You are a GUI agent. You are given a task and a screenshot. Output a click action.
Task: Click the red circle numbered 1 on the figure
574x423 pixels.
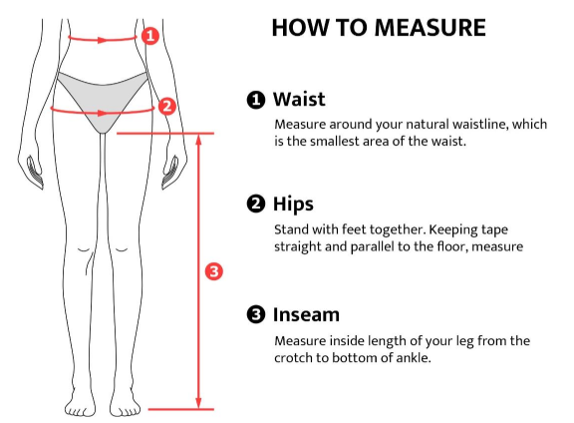[150, 36]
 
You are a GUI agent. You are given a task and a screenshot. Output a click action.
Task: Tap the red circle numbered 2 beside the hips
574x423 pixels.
[167, 107]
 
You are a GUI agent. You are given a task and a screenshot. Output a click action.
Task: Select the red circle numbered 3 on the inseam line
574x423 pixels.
[214, 271]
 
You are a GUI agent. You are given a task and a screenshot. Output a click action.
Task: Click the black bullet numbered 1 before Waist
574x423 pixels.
[256, 100]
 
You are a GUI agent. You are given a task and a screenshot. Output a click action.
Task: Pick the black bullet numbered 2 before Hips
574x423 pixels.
[256, 204]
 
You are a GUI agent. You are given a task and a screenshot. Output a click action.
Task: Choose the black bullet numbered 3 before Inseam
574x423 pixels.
[256, 314]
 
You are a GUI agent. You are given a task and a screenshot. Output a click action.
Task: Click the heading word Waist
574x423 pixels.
[299, 99]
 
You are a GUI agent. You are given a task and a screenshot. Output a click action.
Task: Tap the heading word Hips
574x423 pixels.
[293, 205]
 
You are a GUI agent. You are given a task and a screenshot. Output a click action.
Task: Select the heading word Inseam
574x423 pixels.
[306, 314]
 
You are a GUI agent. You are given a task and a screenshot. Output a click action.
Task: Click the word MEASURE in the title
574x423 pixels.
[430, 28]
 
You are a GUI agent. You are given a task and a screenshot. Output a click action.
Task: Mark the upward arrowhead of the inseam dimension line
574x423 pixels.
[198, 141]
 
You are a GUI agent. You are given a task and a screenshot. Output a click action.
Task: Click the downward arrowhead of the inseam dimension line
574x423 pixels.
[198, 402]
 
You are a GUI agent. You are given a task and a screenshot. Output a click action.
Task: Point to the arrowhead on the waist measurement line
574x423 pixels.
[102, 40]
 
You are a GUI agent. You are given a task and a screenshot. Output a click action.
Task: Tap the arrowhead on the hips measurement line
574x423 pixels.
[104, 113]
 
